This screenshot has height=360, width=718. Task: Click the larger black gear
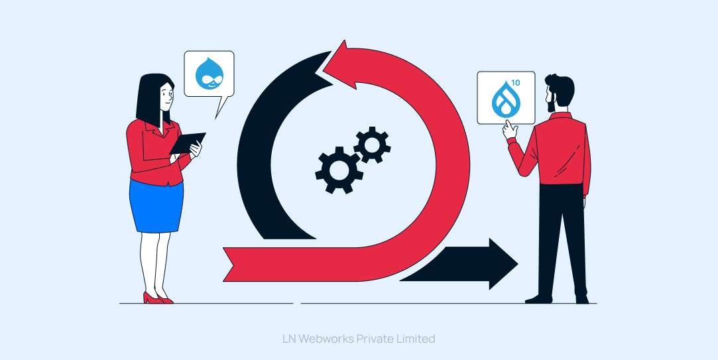coord(339,169)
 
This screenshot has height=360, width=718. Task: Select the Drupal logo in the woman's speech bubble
coord(209,74)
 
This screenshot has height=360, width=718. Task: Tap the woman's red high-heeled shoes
coord(157,299)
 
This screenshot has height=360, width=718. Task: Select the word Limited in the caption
coord(414,339)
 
